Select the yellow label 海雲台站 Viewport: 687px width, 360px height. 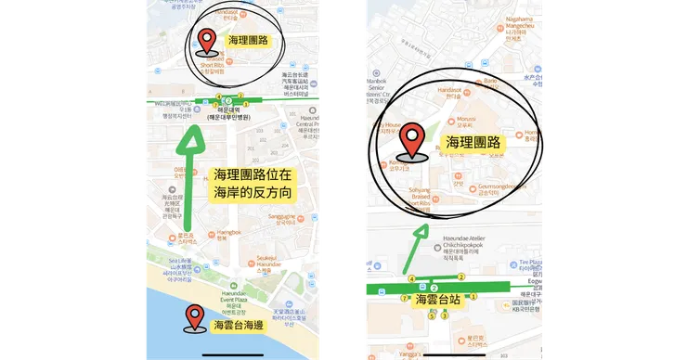[437, 301]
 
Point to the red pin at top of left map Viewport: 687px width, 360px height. [207, 41]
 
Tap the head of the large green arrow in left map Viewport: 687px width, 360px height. [191, 140]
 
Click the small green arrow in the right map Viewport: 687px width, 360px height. [419, 232]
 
